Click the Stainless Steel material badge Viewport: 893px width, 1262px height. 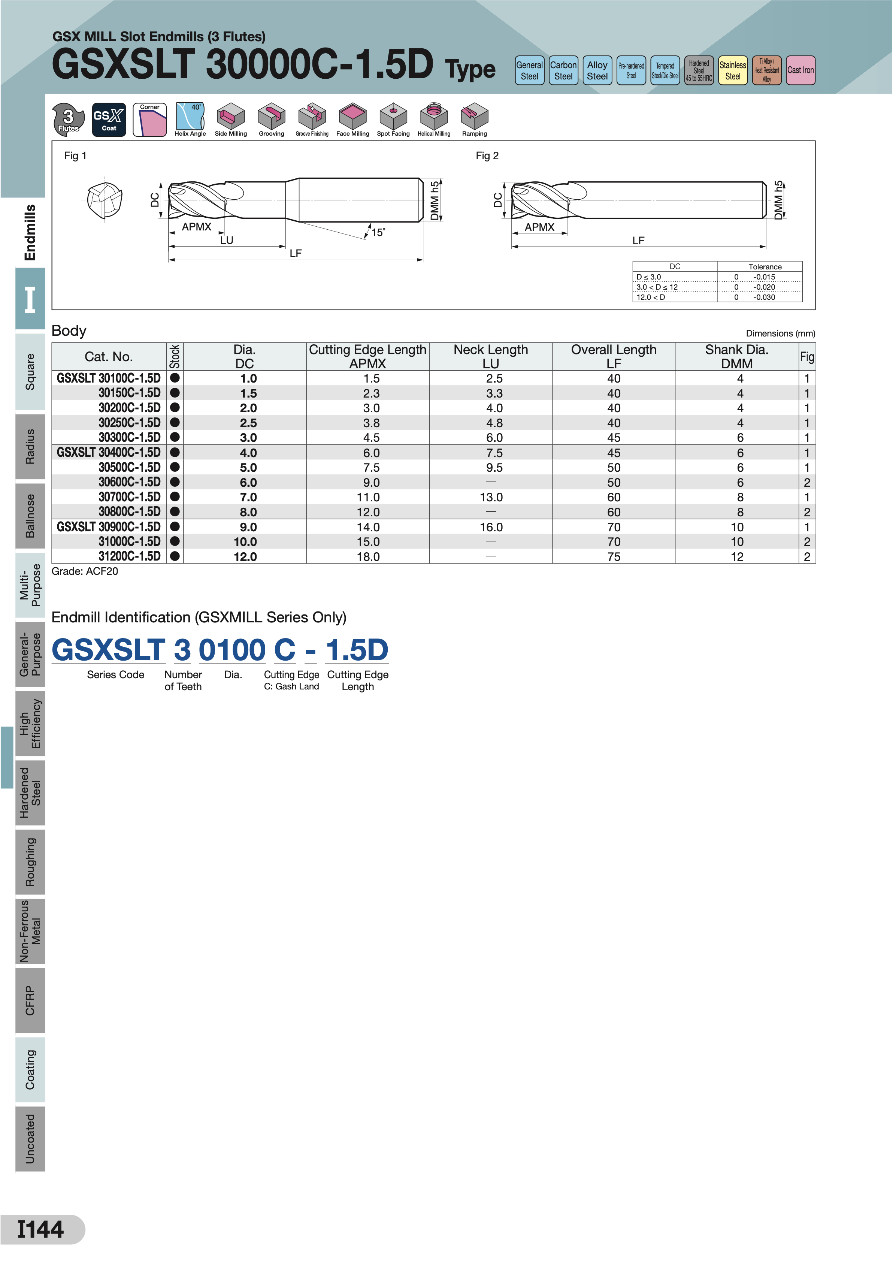point(732,70)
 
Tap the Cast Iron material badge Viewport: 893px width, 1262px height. point(800,70)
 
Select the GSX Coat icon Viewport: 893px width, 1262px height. point(109,119)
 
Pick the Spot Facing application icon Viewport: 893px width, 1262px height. point(393,119)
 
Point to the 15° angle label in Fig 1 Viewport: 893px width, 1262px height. point(378,233)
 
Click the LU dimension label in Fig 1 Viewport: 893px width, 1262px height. point(227,240)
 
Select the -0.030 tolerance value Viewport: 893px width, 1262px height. point(764,297)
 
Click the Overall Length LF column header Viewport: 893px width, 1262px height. point(614,356)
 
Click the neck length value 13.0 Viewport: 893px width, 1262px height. point(491,497)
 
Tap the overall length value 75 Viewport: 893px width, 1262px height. point(614,556)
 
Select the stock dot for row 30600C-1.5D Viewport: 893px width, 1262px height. point(175,482)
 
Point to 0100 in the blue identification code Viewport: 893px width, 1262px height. point(232,650)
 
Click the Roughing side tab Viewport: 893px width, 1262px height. point(30,862)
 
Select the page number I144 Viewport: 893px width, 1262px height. point(41,1229)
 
